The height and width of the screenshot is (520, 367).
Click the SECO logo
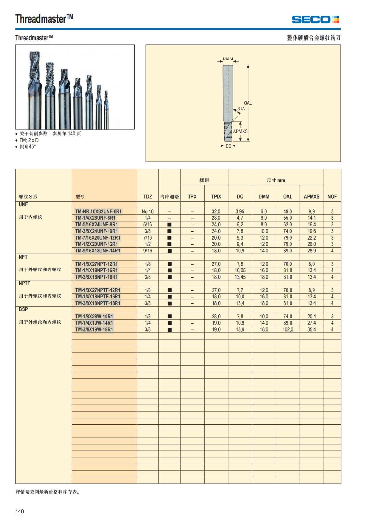click(x=315, y=20)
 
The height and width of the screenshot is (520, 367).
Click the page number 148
click(x=20, y=511)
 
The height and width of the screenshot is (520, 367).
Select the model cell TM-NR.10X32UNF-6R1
click(x=98, y=211)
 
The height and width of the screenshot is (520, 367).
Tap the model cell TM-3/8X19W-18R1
click(x=94, y=329)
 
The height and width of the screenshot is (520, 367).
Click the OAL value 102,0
click(x=287, y=329)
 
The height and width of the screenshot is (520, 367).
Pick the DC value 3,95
click(x=240, y=211)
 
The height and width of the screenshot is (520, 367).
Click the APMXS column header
click(x=311, y=196)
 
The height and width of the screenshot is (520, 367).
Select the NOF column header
click(x=332, y=196)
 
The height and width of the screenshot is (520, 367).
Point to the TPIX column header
click(x=216, y=196)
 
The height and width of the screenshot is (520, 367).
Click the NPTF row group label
click(x=24, y=283)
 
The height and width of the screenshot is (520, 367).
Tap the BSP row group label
click(x=23, y=309)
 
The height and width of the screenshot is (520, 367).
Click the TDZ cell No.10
click(x=147, y=211)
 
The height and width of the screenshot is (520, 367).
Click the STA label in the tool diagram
click(x=241, y=109)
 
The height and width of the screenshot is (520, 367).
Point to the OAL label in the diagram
click(x=248, y=103)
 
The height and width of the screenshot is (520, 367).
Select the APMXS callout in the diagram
click(x=240, y=131)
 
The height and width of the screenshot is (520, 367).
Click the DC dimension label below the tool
click(x=228, y=146)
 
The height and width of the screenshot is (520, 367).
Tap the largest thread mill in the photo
click(x=34, y=92)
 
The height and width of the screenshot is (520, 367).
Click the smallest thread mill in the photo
click(x=106, y=110)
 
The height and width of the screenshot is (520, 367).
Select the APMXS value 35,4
click(x=311, y=329)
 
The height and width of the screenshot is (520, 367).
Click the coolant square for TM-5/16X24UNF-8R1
click(x=169, y=225)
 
